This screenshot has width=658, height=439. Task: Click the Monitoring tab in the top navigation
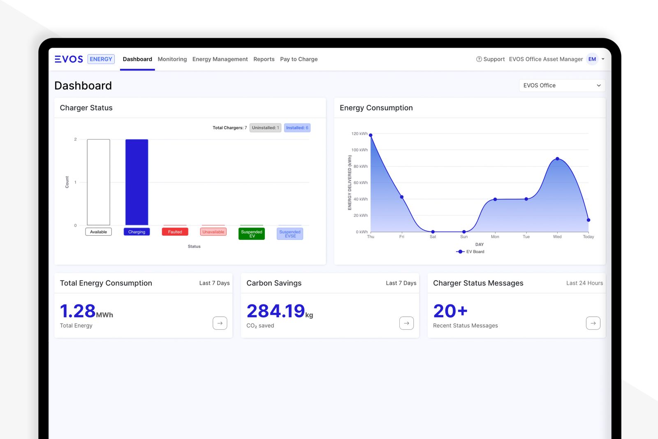[x=172, y=59]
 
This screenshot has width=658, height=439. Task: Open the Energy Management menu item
[x=220, y=59]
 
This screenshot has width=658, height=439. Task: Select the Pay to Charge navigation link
[x=299, y=59]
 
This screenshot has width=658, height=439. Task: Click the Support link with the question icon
[x=490, y=59]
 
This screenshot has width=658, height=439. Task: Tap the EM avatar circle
[x=592, y=59]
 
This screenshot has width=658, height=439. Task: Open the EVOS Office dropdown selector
[x=562, y=86]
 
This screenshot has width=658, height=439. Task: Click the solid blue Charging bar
[x=137, y=182]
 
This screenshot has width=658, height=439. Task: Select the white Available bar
[x=98, y=182]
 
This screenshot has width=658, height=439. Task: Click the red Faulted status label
[x=175, y=232]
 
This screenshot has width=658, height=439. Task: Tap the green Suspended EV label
[x=252, y=234]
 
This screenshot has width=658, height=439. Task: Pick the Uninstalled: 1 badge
[x=265, y=128]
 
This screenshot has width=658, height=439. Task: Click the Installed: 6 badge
[x=297, y=128]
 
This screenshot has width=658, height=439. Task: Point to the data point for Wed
[x=557, y=159]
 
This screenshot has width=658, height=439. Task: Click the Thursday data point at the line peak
[x=371, y=135]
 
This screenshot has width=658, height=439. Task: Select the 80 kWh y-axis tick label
[x=360, y=167]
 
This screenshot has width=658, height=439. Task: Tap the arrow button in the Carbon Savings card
[x=406, y=323]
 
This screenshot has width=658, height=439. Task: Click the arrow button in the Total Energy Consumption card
[x=220, y=323]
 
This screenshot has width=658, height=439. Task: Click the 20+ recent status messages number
[x=450, y=311]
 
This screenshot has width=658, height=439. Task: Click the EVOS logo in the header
[x=69, y=59]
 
